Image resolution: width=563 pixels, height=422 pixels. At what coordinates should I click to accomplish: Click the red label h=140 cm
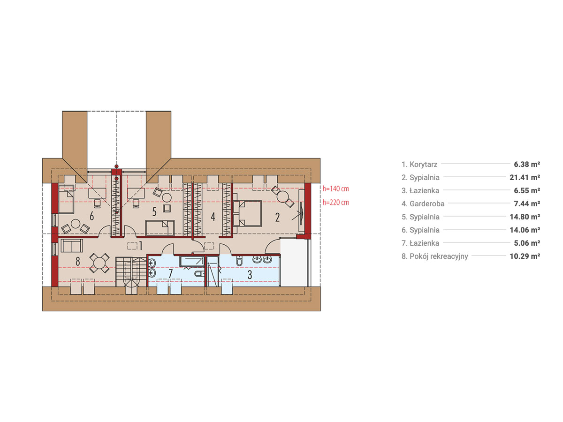pos(335,189)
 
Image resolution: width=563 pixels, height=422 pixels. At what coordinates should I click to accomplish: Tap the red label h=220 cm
pos(335,203)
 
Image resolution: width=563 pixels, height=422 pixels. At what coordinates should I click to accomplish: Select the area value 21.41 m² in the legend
pos(525,177)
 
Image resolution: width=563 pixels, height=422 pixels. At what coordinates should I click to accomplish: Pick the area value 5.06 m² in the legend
pos(527,243)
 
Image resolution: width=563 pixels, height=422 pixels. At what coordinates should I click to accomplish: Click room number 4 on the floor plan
pos(213,217)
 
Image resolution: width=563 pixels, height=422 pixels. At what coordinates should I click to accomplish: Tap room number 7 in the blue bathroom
pos(171,273)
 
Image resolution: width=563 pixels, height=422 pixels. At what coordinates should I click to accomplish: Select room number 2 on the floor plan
pos(277,217)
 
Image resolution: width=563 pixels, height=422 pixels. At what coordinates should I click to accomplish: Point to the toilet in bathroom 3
pos(239,261)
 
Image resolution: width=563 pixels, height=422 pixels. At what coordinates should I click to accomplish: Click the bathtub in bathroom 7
pos(191,262)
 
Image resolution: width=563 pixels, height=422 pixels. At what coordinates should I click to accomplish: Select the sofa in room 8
pos(72,245)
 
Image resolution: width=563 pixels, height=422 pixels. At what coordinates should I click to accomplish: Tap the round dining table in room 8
pos(99,263)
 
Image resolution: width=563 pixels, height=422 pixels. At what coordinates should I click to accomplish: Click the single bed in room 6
pos(66,199)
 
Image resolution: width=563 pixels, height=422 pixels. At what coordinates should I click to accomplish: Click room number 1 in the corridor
pos(141,246)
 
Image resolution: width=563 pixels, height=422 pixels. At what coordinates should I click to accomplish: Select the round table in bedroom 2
pos(283,196)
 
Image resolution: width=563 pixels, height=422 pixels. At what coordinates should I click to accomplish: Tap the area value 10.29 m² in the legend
pos(525,256)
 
